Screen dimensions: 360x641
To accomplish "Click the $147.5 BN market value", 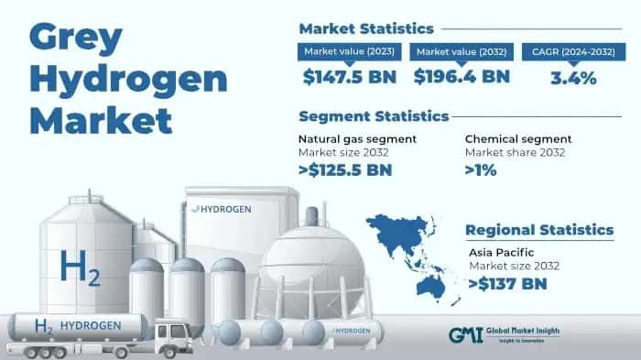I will point(348,78).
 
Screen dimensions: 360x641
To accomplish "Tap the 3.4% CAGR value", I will point(572,78).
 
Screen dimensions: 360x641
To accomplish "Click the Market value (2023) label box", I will point(349,51).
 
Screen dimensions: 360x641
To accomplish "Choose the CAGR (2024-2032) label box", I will point(572,51).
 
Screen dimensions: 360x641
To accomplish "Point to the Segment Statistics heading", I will point(374,116).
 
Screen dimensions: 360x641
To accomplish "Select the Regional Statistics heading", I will point(539,229).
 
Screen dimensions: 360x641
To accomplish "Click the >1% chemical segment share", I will point(483,169).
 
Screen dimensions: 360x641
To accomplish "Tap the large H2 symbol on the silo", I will point(80,268).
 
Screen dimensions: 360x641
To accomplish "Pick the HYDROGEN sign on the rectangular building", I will point(225,208).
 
